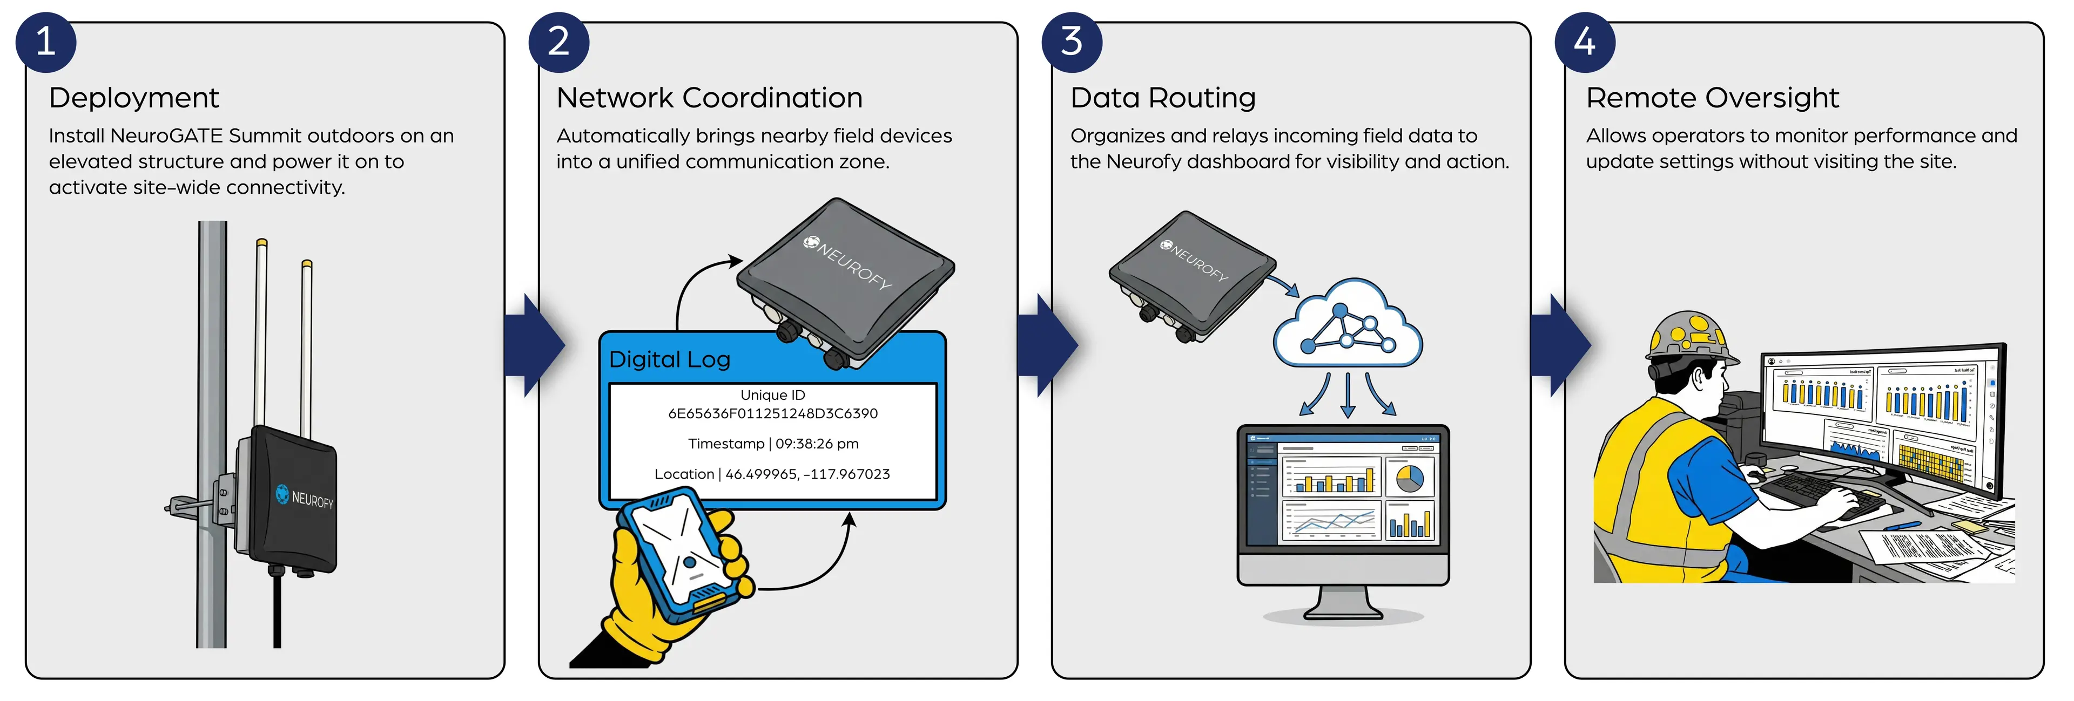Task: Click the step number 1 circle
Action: coord(46,42)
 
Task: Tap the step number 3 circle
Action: coord(1072,42)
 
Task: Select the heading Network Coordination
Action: coord(709,98)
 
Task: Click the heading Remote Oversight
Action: coord(1713,98)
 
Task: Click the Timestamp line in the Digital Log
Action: coord(773,444)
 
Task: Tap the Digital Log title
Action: coord(670,360)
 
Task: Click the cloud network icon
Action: coord(1347,326)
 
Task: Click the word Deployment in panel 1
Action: coord(133,98)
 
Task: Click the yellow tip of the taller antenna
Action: coord(261,242)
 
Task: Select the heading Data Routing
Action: coord(1163,98)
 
